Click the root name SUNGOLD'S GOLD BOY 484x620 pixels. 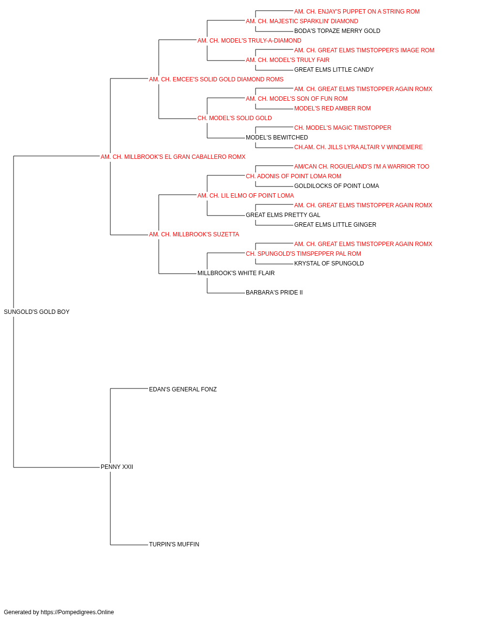(x=36, y=312)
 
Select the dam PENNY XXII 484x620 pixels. (x=117, y=467)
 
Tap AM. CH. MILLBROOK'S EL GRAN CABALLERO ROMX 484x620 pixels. (x=173, y=157)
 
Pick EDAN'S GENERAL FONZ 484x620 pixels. (x=183, y=389)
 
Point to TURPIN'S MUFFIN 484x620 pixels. (x=174, y=544)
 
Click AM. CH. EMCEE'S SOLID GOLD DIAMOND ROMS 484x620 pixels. (x=216, y=79)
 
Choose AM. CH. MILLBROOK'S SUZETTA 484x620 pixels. (x=194, y=234)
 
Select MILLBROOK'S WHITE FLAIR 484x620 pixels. (x=236, y=273)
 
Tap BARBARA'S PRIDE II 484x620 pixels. (x=274, y=293)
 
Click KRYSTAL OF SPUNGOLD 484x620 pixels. (x=329, y=263)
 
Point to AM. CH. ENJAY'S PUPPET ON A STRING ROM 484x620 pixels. (x=357, y=12)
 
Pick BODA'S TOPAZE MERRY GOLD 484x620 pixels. (x=337, y=31)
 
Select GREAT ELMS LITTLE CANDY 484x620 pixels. (x=334, y=70)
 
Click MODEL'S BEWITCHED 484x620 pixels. (x=277, y=138)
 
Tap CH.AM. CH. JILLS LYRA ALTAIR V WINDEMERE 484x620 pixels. (x=358, y=147)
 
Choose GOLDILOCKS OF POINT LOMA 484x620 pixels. (x=337, y=186)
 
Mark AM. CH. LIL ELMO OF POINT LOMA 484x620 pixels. (x=245, y=196)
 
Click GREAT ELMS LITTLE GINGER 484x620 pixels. (x=335, y=225)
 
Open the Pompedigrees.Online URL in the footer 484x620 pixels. (x=77, y=612)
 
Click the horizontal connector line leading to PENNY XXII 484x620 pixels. (x=57, y=467)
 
